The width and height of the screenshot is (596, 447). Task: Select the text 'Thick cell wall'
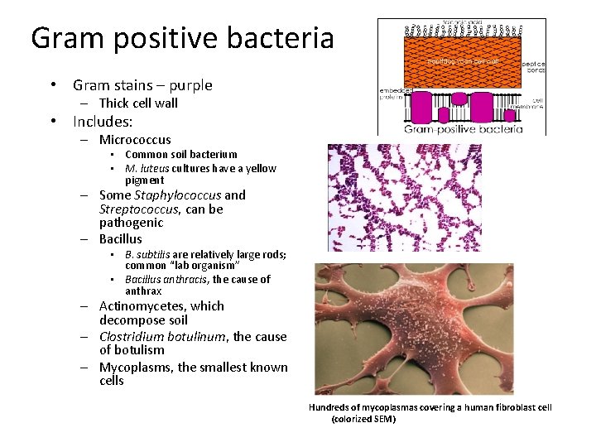[138, 103]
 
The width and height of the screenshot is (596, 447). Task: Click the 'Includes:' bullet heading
[103, 122]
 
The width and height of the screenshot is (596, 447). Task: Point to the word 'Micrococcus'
[135, 140]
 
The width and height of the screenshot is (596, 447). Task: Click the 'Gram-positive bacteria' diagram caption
[462, 129]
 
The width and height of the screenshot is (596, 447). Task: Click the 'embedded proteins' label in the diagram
[391, 94]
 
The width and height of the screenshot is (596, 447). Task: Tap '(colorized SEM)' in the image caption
[363, 419]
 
